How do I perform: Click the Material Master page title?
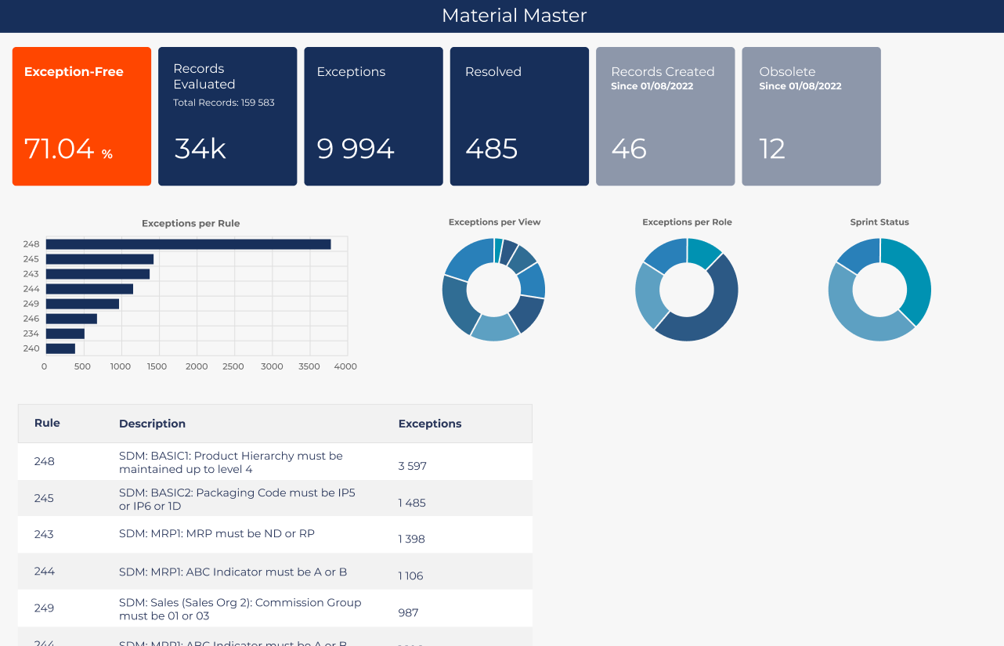[514, 16]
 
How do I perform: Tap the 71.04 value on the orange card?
[60, 148]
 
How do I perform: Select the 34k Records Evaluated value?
[200, 148]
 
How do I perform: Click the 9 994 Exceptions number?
[356, 148]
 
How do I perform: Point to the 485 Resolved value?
[491, 148]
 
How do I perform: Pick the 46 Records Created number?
[629, 148]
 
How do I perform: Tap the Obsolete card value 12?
[772, 148]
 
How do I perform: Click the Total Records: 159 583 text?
[224, 103]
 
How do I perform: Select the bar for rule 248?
[188, 244]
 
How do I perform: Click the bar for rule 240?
[60, 348]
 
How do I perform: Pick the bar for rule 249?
[82, 304]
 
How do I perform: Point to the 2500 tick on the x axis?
[233, 366]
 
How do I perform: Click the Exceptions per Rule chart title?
[190, 223]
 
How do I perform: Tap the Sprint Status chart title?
[879, 222]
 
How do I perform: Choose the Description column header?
[152, 424]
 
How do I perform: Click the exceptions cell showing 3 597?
[412, 466]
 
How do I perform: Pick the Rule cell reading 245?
[44, 498]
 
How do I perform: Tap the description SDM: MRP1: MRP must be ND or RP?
[217, 534]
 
